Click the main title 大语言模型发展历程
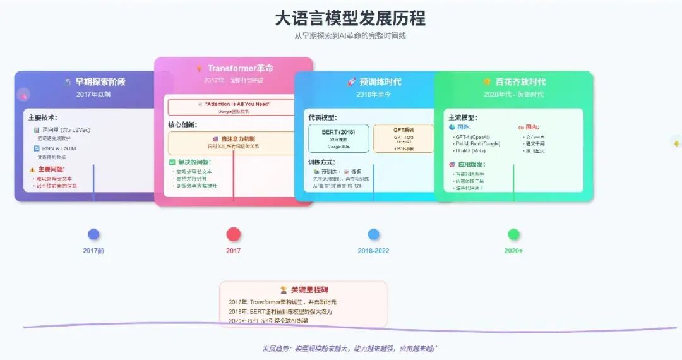click(350, 18)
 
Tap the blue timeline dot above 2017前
click(93, 234)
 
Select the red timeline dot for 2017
click(234, 234)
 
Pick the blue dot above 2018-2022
click(374, 234)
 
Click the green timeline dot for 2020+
click(513, 234)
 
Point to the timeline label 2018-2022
click(374, 251)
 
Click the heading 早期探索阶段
click(100, 81)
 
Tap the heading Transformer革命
click(240, 68)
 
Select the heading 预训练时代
click(380, 81)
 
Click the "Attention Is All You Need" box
click(232, 106)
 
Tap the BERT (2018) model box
click(338, 138)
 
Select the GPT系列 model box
click(404, 138)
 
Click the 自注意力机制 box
click(232, 143)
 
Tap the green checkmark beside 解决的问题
click(172, 162)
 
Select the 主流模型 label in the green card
click(463, 117)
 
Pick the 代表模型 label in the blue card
click(322, 117)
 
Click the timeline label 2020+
click(513, 251)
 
